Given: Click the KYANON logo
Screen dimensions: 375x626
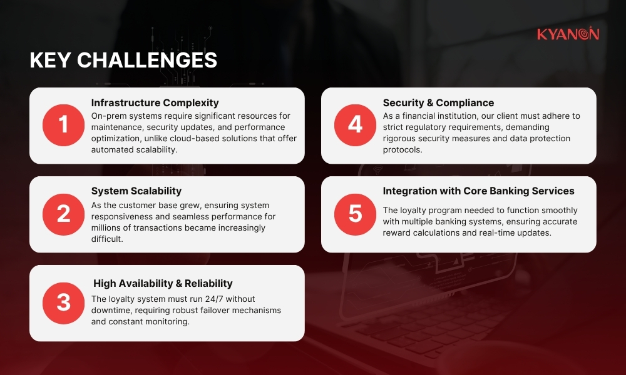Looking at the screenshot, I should coord(567,34).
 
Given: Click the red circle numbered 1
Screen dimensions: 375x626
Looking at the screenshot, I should coord(63,125).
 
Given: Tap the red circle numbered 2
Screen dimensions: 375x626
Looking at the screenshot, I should coord(63,214).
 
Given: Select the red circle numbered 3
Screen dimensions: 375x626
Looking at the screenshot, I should coord(63,302).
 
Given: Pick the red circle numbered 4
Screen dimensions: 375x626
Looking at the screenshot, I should coord(355,125).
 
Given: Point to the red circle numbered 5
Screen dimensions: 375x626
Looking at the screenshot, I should coord(355,214).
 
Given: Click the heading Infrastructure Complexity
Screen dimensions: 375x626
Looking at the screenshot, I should coord(155,102).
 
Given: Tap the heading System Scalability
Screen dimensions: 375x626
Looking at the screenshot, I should coord(136,191).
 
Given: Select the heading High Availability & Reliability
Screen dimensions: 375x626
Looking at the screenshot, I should coord(163,284).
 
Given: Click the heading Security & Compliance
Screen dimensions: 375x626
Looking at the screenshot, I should coord(438,102).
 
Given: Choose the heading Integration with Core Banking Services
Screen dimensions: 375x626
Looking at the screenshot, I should coord(478,191).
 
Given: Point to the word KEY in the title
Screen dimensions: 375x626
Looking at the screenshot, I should coord(51,60).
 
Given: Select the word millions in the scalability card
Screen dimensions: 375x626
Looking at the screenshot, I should coord(108,227).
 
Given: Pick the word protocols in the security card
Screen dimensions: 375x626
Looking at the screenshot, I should coord(403,150).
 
